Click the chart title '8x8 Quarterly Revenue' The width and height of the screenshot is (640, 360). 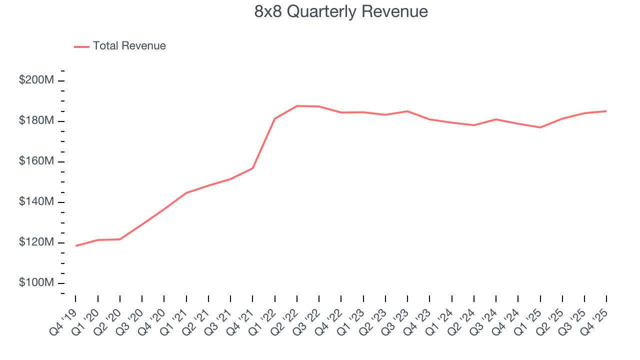(341, 11)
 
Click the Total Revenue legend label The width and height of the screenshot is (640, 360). (129, 46)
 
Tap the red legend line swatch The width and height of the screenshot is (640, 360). (81, 46)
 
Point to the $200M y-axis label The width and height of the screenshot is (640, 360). (36, 80)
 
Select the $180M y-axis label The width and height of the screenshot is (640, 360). (36, 121)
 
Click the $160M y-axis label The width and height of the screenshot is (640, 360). (36, 161)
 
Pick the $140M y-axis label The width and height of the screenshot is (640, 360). (36, 202)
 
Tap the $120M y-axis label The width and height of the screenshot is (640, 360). (36, 242)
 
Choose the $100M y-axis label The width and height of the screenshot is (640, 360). (36, 283)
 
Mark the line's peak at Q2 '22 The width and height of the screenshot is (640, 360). (297, 106)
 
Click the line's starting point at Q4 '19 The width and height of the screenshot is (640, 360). (76, 245)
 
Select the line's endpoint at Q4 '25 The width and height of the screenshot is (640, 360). (606, 111)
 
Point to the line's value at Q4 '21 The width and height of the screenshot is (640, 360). (252, 168)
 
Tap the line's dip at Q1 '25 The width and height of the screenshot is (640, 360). (540, 127)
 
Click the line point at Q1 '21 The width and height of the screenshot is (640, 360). (186, 192)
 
